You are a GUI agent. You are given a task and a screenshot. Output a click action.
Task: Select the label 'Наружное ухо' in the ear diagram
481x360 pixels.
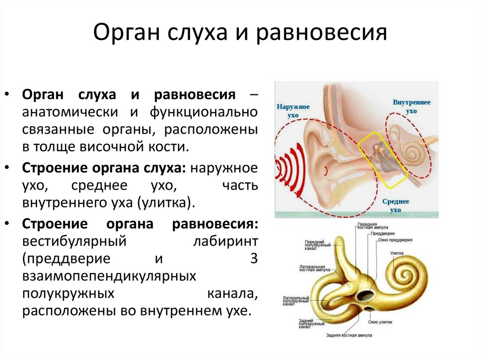click(x=293, y=110)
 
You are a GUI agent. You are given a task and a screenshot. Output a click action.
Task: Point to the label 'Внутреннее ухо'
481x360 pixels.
click(x=411, y=107)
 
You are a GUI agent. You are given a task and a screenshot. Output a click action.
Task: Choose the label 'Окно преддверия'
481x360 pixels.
click(x=395, y=240)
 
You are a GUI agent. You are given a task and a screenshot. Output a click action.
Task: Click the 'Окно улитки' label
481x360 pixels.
click(x=380, y=322)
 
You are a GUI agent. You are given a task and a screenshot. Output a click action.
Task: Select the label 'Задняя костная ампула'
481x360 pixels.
click(x=349, y=336)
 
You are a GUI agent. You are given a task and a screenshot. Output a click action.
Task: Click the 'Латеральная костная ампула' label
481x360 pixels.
click(x=314, y=268)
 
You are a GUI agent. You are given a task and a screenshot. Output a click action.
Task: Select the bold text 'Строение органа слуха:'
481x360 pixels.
click(x=104, y=168)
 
